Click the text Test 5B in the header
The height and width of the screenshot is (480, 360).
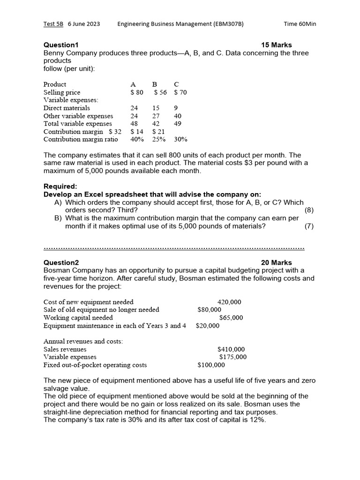(x=53, y=24)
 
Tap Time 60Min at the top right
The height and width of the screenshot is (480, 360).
(x=300, y=24)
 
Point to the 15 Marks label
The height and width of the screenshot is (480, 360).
(x=276, y=45)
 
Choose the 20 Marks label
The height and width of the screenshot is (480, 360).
(x=276, y=262)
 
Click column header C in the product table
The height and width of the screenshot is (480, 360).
(x=176, y=84)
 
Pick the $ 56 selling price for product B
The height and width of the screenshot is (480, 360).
(x=160, y=92)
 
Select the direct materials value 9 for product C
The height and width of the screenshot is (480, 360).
(x=176, y=108)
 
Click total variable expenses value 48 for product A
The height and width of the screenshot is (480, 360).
(x=134, y=124)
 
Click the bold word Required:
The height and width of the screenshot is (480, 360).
(x=60, y=186)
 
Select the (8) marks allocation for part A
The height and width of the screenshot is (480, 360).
(x=309, y=210)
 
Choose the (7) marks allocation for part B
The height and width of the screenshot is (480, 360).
(x=309, y=226)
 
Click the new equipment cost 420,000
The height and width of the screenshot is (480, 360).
(x=229, y=302)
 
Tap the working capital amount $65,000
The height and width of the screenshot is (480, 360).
(x=231, y=317)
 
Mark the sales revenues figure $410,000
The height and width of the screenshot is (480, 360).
(x=231, y=349)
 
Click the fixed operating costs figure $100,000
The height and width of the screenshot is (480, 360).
(x=211, y=365)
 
